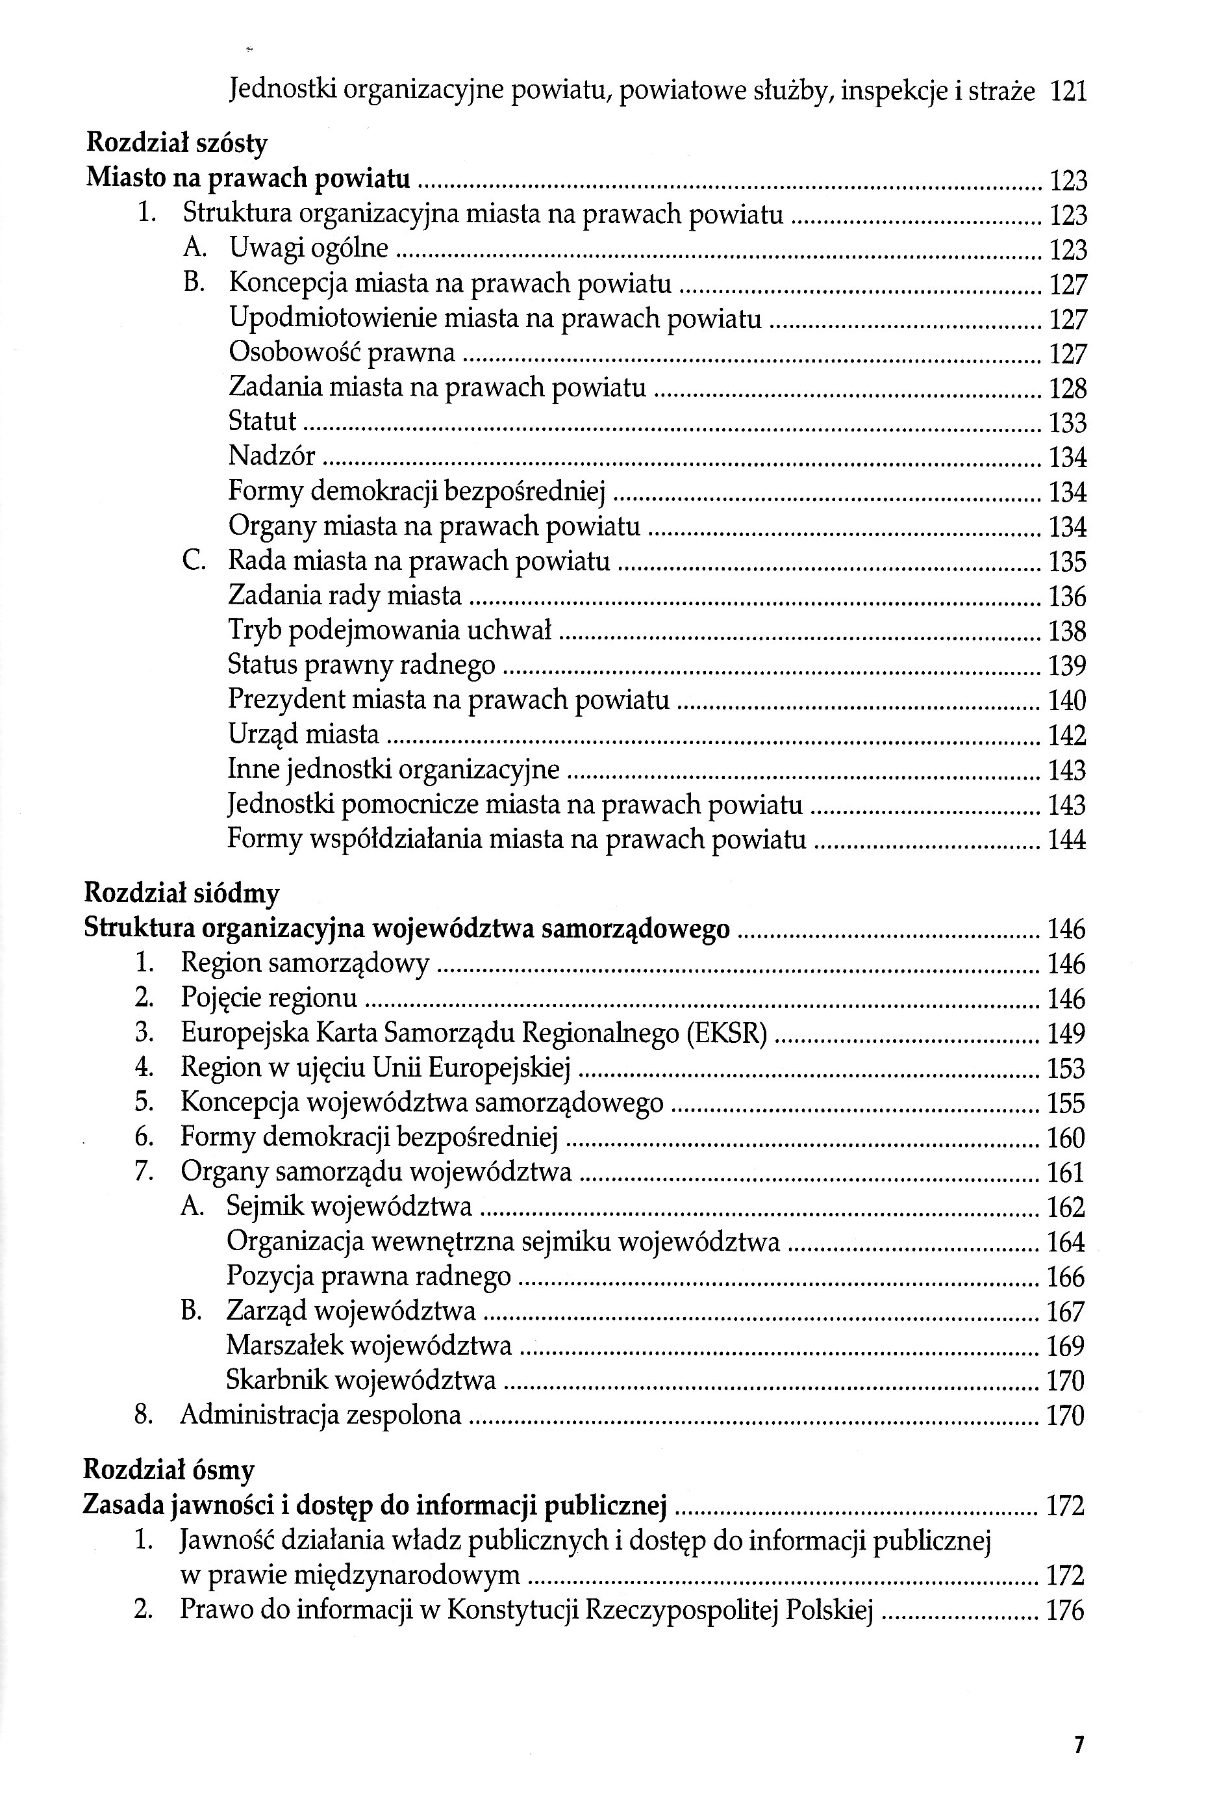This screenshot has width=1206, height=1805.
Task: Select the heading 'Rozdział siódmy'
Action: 181,893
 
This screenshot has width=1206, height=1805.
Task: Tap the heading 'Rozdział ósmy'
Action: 168,1470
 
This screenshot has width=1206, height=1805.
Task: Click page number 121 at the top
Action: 1068,92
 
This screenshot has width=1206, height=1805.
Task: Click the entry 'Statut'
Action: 262,421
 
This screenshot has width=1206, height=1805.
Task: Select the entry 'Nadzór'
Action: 271,456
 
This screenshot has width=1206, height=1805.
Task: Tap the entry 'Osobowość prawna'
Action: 342,352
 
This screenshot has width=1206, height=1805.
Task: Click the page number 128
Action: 1068,389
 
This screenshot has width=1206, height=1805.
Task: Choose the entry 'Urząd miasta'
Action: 304,734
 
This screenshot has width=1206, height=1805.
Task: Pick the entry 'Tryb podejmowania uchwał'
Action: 390,630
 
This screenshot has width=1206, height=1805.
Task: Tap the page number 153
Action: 1065,1069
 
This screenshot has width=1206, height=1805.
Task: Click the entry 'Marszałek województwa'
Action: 369,1345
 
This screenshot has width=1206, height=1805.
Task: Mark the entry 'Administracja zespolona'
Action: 321,1414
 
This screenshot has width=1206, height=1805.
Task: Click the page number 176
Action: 1065,1610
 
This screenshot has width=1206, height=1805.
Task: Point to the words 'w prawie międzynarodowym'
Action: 350,1575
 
